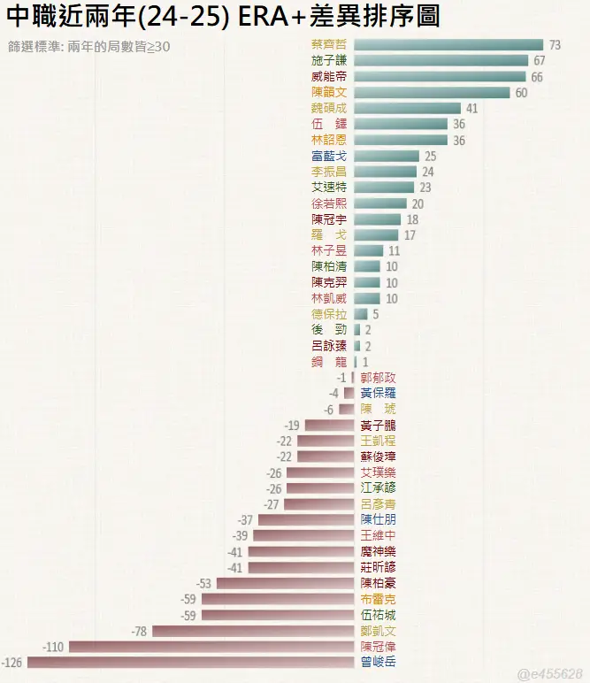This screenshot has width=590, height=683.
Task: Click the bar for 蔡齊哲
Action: click(448, 44)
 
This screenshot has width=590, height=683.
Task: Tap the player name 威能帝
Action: click(329, 76)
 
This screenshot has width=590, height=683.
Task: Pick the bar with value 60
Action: click(432, 92)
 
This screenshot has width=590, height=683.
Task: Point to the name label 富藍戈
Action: click(329, 156)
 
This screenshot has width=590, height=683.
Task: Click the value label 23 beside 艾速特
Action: click(425, 188)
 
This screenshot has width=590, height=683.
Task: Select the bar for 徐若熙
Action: click(380, 203)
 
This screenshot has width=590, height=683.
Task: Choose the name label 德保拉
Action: click(329, 314)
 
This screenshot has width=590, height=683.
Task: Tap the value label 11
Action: click(395, 250)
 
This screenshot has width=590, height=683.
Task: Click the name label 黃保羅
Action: click(379, 393)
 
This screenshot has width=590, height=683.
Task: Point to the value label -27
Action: click(272, 503)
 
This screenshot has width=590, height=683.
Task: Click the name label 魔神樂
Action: click(379, 551)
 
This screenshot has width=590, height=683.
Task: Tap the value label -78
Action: click(139, 631)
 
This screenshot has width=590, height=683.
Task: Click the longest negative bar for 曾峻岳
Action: click(191, 662)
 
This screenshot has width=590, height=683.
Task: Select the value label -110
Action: click(54, 647)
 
